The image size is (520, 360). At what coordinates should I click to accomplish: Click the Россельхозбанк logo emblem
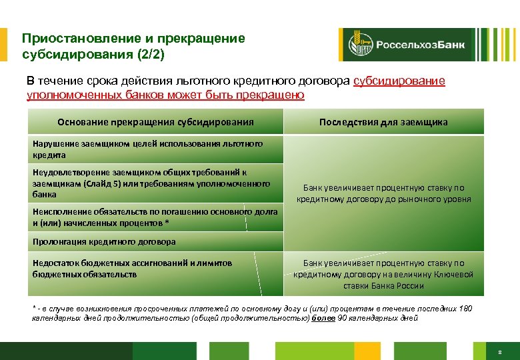click(x=356, y=45)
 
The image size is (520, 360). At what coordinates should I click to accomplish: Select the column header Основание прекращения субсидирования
click(x=155, y=122)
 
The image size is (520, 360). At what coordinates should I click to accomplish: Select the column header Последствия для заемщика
click(x=383, y=122)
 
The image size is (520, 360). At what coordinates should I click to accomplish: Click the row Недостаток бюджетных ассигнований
click(x=133, y=268)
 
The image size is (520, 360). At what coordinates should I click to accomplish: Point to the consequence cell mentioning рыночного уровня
click(x=384, y=193)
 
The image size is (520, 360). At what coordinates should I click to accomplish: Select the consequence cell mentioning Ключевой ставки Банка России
click(x=384, y=274)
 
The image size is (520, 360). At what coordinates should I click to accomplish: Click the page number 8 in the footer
click(x=499, y=351)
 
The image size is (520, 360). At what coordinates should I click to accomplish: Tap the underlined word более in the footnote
click(x=323, y=318)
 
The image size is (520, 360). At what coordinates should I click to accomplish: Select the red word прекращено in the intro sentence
click(x=271, y=95)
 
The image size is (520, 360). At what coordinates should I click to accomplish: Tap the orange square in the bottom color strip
click(x=367, y=351)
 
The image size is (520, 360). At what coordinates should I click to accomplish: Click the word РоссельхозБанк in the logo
click(x=421, y=45)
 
